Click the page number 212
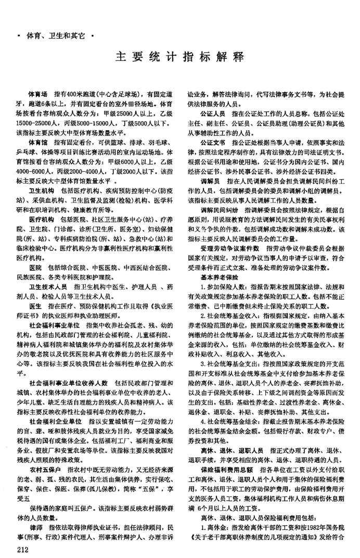tap(23, 548)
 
